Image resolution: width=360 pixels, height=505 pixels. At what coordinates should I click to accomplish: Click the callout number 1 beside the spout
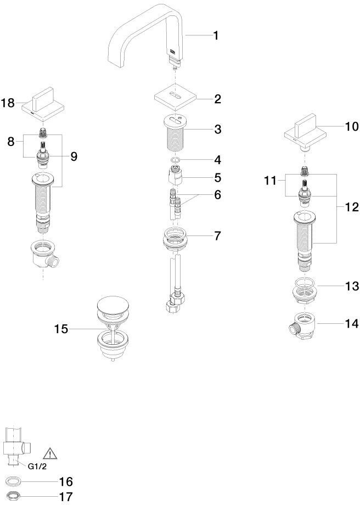tap(216, 35)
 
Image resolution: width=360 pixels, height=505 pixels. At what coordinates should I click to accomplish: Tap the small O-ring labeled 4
tap(175, 160)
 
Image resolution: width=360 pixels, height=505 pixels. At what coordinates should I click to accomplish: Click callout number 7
tap(217, 235)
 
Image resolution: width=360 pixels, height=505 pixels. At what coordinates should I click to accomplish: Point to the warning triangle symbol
tap(50, 453)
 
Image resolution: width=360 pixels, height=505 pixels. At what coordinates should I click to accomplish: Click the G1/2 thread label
tap(37, 467)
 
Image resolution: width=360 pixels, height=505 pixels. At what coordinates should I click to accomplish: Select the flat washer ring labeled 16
tap(14, 482)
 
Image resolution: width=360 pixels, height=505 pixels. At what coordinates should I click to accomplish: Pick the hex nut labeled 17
tap(14, 497)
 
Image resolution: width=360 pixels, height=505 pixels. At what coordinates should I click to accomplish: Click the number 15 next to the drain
tap(61, 329)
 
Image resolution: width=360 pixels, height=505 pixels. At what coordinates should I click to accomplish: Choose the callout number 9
tap(74, 157)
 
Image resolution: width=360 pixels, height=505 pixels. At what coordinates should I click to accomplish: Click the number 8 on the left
tap(11, 141)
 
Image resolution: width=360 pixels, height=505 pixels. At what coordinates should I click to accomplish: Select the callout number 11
tap(271, 181)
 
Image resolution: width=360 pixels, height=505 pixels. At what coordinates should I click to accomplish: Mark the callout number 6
tap(217, 194)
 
